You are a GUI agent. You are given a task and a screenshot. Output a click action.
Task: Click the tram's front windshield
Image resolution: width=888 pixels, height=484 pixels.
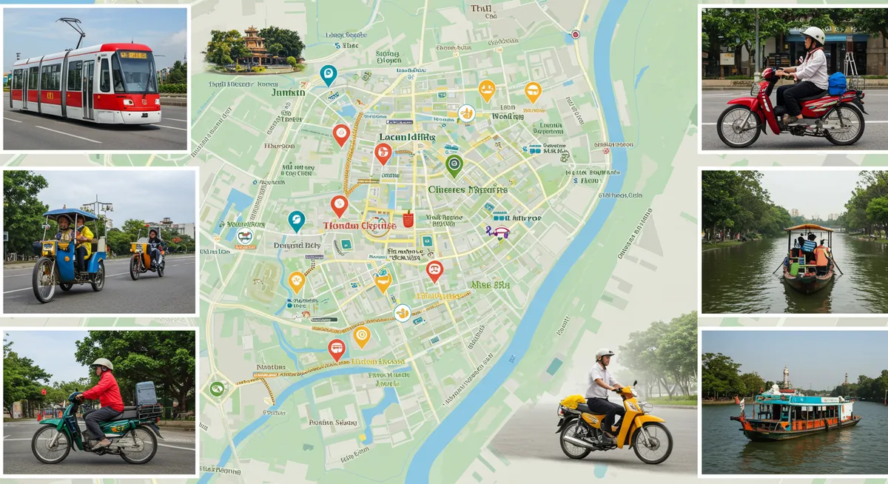pyautogui.click(x=133, y=72)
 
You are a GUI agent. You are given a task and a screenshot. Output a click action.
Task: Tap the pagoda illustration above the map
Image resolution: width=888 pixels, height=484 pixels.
pyautogui.click(x=254, y=49)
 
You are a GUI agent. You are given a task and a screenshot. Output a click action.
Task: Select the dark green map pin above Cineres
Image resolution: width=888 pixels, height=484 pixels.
pyautogui.click(x=454, y=165)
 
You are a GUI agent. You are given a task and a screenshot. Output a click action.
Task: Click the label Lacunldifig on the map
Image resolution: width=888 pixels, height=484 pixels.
pyautogui.click(x=406, y=137)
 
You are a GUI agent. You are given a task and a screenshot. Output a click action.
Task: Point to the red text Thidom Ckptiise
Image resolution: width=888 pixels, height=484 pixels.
pyautogui.click(x=359, y=225)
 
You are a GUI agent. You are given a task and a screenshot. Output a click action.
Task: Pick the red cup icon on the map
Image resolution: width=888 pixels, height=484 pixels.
pyautogui.click(x=407, y=219)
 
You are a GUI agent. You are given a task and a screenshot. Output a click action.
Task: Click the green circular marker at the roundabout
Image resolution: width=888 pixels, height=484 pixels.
pyautogui.click(x=216, y=388)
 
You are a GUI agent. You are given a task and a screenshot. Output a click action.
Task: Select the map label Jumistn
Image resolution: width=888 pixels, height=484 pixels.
pyautogui.click(x=289, y=93)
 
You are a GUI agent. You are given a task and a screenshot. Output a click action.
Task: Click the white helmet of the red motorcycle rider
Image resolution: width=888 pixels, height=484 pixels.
pyautogui.click(x=814, y=35)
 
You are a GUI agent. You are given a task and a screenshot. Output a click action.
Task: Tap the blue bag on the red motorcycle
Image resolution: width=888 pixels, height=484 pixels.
pyautogui.click(x=836, y=82)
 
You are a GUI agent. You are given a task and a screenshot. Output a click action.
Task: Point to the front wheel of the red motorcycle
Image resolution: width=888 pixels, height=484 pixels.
pyautogui.click(x=738, y=125)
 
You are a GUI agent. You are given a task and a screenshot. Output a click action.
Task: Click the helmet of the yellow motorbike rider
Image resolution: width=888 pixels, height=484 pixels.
pyautogui.click(x=605, y=354)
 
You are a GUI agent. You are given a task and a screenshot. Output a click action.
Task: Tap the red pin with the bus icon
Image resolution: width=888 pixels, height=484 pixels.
pyautogui.click(x=337, y=349)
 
